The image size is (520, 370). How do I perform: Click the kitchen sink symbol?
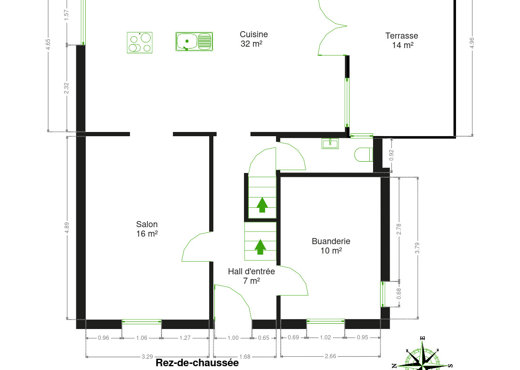(x=194, y=41)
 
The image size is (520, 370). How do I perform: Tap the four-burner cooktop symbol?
(x=139, y=42)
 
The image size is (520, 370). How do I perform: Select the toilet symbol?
(x=364, y=155)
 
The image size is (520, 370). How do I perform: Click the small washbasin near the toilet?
(x=330, y=143)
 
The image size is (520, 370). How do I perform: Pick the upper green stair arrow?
(x=262, y=205)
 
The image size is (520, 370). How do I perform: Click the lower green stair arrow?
(x=260, y=247)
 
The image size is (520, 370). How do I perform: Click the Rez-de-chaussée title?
(x=197, y=363)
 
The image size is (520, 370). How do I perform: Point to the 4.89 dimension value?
(x=67, y=227)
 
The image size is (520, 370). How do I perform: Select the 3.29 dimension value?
(x=147, y=357)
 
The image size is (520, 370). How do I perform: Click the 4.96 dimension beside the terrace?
(x=472, y=43)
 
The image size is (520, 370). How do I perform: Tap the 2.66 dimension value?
(x=330, y=356)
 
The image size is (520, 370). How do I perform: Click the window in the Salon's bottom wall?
(x=142, y=321)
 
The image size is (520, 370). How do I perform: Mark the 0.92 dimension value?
(x=391, y=155)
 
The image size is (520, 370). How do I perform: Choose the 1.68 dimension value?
(x=245, y=357)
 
